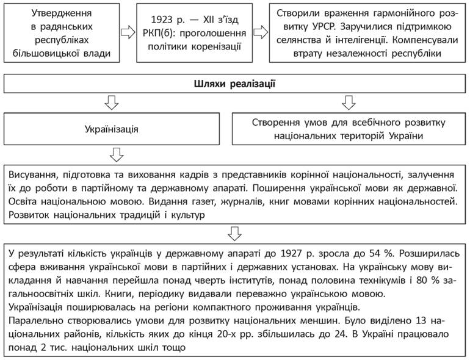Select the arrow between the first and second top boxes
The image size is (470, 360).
pyautogui.click(x=126, y=32)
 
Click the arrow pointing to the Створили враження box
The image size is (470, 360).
pyautogui.click(x=261, y=32)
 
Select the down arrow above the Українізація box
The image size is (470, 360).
pyautogui.click(x=110, y=102)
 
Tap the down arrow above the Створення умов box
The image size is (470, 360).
pyautogui.click(x=348, y=102)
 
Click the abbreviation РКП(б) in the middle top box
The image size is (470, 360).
pyautogui.click(x=156, y=32)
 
